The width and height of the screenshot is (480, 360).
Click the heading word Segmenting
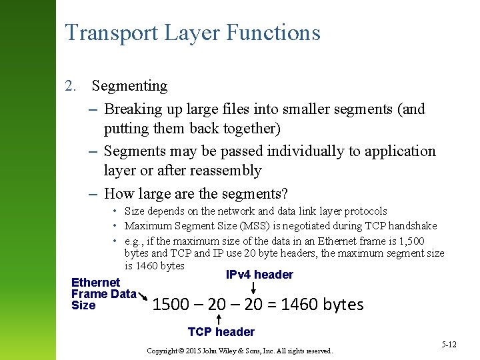[129, 86]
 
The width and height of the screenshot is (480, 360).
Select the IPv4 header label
[259, 275]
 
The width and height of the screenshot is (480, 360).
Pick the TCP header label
[221, 332]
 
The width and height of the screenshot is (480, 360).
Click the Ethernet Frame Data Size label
[103, 293]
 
